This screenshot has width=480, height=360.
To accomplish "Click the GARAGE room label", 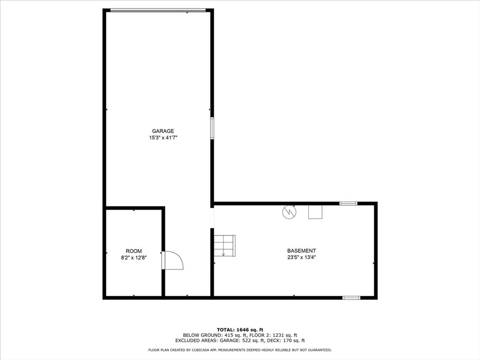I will coord(163,131).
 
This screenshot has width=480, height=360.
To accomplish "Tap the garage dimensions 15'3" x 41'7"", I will coord(163,138).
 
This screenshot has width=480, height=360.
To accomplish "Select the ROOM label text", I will coord(134,251).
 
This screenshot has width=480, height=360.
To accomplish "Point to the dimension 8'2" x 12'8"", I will coord(134,258).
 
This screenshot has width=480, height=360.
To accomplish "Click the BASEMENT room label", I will coord(301,251).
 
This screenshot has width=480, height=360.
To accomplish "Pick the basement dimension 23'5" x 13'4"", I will coord(301,257).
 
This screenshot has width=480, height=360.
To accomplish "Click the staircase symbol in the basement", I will coord(225,246).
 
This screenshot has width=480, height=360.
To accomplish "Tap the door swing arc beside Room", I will coord(173,260).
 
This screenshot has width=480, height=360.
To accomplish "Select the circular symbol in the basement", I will coord(289,212).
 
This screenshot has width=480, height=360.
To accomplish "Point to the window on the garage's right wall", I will coord(212,128).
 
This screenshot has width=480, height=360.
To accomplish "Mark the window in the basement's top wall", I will coord(348,203).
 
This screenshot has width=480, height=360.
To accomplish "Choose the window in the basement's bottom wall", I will coord(351,298).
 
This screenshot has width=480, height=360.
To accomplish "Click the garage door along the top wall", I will coord(158,10).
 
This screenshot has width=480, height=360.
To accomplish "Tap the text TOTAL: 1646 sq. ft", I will coord(240,330).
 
